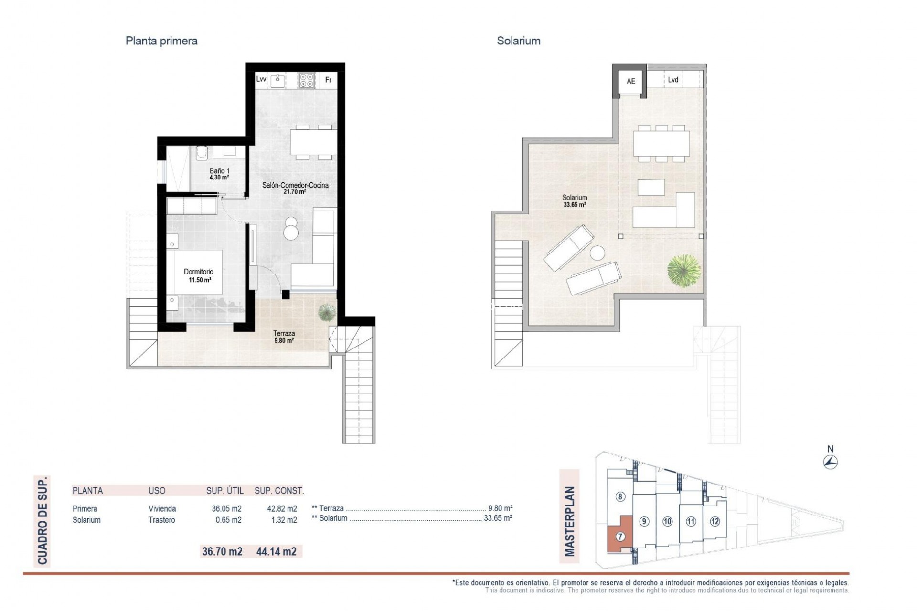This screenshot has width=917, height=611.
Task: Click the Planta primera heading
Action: click(x=161, y=41)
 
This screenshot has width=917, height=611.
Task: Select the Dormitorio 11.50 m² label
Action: click(x=199, y=275)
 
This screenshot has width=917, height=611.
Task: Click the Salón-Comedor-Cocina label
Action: click(x=295, y=188)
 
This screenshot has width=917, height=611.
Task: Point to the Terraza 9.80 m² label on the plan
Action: click(x=284, y=337)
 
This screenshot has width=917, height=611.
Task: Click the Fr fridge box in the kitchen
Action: click(x=328, y=80)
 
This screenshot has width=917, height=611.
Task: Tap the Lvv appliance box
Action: click(x=261, y=79)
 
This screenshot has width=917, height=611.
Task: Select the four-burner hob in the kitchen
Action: click(x=307, y=80)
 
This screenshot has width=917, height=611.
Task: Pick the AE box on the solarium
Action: click(x=630, y=81)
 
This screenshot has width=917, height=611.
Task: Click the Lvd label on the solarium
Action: click(x=673, y=80)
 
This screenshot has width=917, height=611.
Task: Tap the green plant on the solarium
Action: click(x=684, y=271)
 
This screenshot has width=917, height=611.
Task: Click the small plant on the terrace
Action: click(x=327, y=312)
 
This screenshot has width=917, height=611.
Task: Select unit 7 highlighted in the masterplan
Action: click(x=620, y=537)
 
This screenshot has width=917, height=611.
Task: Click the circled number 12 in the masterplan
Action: click(x=714, y=521)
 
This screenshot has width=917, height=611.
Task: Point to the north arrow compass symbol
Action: click(x=831, y=462)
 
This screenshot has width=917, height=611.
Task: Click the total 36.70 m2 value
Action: click(x=222, y=552)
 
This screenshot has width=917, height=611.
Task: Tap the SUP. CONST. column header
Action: click(x=279, y=491)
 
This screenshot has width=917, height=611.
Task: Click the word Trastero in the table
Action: click(x=161, y=520)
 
